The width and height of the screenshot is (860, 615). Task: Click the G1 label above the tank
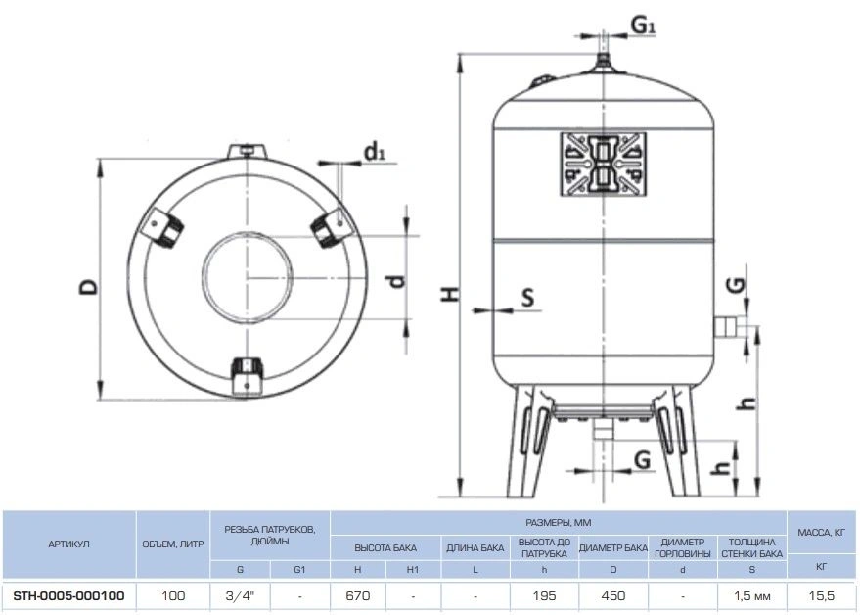(643, 25)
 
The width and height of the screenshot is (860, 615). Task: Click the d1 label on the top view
(375, 151)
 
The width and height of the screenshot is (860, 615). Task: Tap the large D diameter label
(88, 286)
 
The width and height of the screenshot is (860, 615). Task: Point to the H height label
(450, 295)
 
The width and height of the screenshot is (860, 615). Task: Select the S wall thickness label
(527, 297)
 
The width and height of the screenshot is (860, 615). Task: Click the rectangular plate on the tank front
(603, 165)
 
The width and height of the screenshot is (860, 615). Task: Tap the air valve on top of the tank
(604, 62)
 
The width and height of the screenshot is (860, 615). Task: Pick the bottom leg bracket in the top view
(248, 376)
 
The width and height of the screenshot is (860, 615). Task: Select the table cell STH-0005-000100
(68, 595)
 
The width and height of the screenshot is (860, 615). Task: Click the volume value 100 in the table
(173, 595)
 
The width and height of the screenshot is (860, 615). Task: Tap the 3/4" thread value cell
(240, 595)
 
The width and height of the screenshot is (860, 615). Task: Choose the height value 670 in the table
(358, 595)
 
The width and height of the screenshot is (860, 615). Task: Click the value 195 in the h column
(544, 595)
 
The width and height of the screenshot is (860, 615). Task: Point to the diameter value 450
(613, 595)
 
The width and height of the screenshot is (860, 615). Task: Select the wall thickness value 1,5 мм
(752, 595)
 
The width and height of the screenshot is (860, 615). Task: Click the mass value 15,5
(822, 595)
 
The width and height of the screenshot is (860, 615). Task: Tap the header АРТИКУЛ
(69, 544)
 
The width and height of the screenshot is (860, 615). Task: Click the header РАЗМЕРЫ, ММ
(559, 523)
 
